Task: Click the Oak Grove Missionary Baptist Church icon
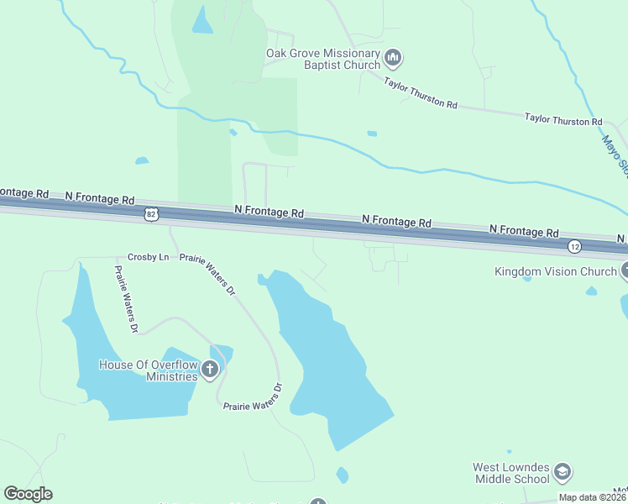tap(394, 58)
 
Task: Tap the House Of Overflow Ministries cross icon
tap(210, 369)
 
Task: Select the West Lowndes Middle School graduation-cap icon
tap(563, 471)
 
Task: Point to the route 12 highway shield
tap(574, 246)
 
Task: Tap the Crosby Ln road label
tap(148, 257)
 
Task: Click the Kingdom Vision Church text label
tap(556, 271)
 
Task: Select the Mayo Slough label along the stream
tap(615, 156)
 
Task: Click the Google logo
tap(28, 494)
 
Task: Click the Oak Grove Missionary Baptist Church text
tap(323, 58)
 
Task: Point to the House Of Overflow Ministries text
tap(148, 370)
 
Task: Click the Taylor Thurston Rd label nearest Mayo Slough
tap(563, 120)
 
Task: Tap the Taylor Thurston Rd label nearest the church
tap(421, 93)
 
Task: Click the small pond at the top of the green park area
tap(202, 21)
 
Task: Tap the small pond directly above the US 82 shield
tap(141, 160)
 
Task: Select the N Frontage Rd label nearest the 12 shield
tap(525, 231)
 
